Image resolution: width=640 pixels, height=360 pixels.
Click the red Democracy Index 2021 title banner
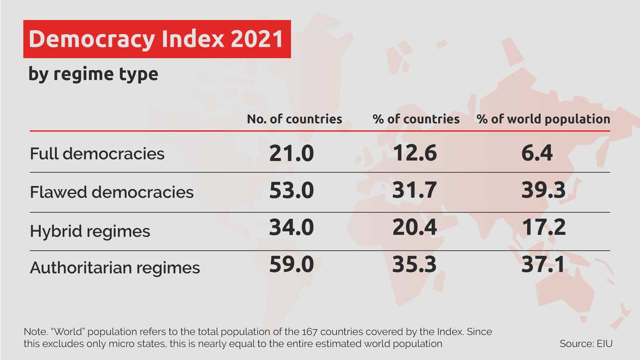click(156, 39)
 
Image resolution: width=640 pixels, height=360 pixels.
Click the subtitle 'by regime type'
click(93, 74)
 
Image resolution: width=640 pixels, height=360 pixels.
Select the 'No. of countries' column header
click(294, 119)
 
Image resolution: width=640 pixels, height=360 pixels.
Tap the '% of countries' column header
click(416, 119)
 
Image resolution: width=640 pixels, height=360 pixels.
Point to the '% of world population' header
click(543, 119)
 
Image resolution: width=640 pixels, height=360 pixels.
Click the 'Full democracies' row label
click(97, 153)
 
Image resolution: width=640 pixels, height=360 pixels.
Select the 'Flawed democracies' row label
click(111, 192)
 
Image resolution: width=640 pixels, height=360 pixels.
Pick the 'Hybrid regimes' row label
click(90, 231)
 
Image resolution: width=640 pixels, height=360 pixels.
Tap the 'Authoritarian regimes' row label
click(115, 267)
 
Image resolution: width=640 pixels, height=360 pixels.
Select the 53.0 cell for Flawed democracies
click(291, 191)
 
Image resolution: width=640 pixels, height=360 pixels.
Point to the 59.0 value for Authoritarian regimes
click(291, 264)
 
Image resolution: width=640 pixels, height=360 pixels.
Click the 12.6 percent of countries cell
click(414, 153)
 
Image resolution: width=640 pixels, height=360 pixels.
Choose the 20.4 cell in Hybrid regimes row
click(414, 227)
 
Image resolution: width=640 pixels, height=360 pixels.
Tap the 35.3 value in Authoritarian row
click(414, 264)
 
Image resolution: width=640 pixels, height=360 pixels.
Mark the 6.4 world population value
click(537, 153)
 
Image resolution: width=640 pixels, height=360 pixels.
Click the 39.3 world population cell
click(543, 190)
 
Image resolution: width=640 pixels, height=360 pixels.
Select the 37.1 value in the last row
click(543, 264)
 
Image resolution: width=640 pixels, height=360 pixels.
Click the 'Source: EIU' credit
click(586, 344)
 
